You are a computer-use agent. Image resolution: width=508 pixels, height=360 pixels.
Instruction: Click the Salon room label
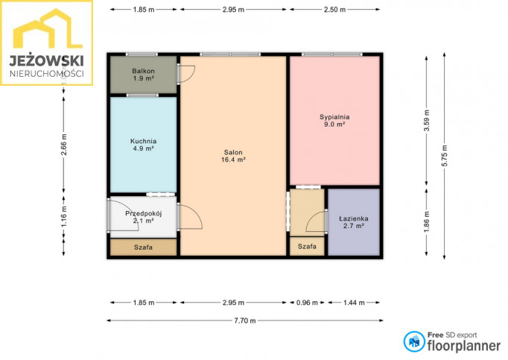[x=233, y=156]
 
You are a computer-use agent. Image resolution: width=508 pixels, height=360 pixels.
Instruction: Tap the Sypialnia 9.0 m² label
[x=334, y=120]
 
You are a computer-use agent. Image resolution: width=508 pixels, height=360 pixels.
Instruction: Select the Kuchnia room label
[x=143, y=145]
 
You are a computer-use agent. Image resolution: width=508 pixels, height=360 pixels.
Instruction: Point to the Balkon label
[x=143, y=75]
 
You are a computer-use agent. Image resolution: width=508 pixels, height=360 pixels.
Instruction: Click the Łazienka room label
[x=354, y=222]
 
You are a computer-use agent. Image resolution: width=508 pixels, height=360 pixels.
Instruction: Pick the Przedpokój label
[x=143, y=217]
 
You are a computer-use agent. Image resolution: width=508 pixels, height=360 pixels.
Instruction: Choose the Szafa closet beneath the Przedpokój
[x=143, y=247]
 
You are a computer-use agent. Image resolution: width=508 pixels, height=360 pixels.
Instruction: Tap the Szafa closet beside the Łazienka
[x=307, y=246]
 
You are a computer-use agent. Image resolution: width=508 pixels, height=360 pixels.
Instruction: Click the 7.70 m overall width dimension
[x=245, y=320]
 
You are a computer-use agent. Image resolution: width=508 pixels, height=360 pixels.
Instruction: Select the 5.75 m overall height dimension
[x=444, y=156]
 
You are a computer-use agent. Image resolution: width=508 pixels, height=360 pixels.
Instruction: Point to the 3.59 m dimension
[x=427, y=121]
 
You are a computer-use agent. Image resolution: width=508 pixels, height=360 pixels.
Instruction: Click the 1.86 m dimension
[x=427, y=222]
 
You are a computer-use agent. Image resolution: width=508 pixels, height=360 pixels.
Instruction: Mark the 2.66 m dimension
[x=64, y=145]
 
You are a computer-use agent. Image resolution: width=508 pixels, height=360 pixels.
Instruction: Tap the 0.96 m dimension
[x=307, y=303]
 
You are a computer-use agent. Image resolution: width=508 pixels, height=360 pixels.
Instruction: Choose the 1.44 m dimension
[x=354, y=303]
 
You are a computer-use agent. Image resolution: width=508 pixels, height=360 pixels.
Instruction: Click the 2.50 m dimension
[x=334, y=10]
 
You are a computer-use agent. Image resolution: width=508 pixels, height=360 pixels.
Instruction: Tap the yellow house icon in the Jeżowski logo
[x=48, y=28]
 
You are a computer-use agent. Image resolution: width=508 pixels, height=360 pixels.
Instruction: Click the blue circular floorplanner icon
[x=414, y=341]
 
